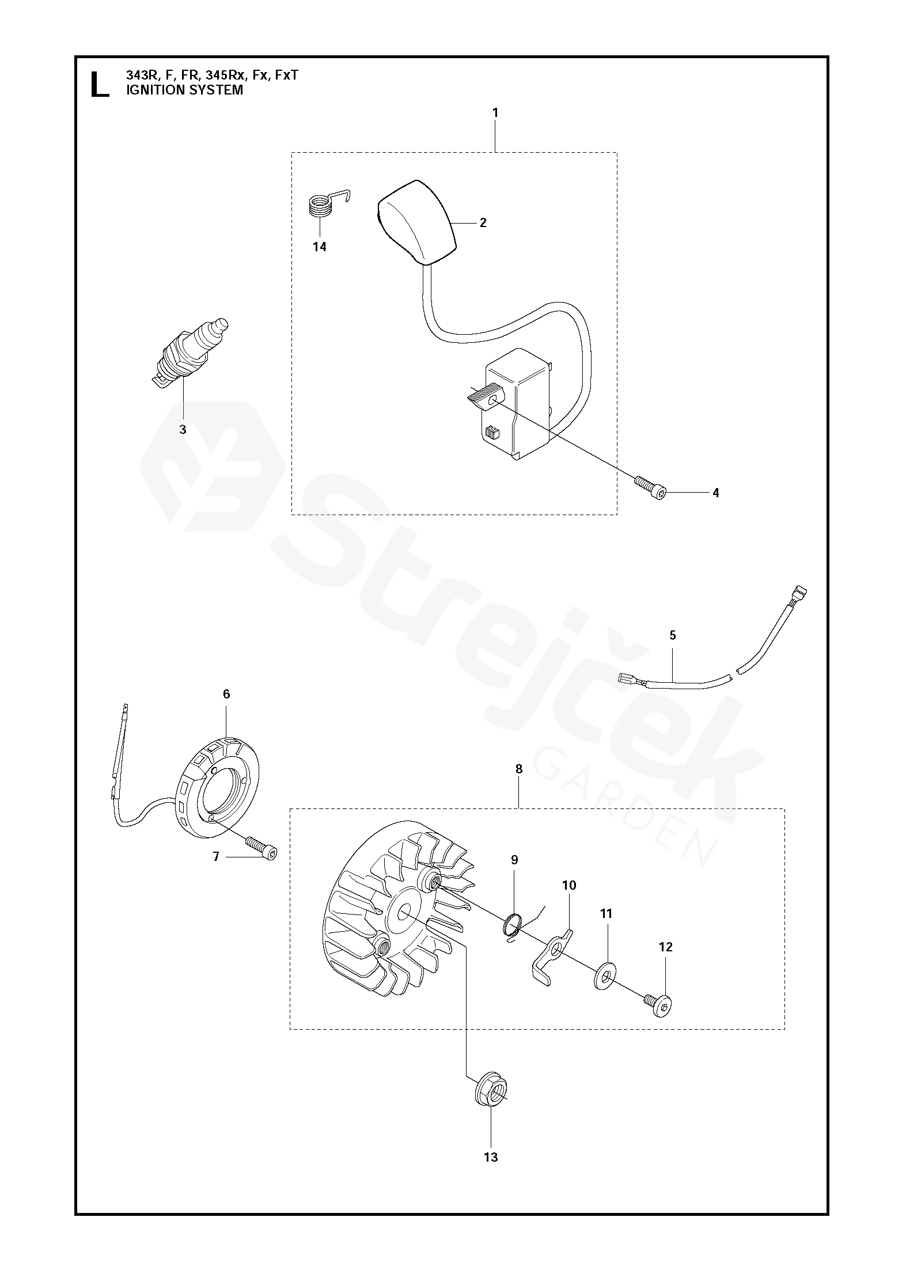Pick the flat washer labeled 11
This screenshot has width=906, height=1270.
[x=606, y=976]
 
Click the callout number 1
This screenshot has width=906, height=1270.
[x=495, y=113]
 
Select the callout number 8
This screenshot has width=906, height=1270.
[x=519, y=769]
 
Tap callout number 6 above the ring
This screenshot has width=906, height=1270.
[x=226, y=694]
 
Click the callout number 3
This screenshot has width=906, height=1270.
[x=183, y=429]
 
